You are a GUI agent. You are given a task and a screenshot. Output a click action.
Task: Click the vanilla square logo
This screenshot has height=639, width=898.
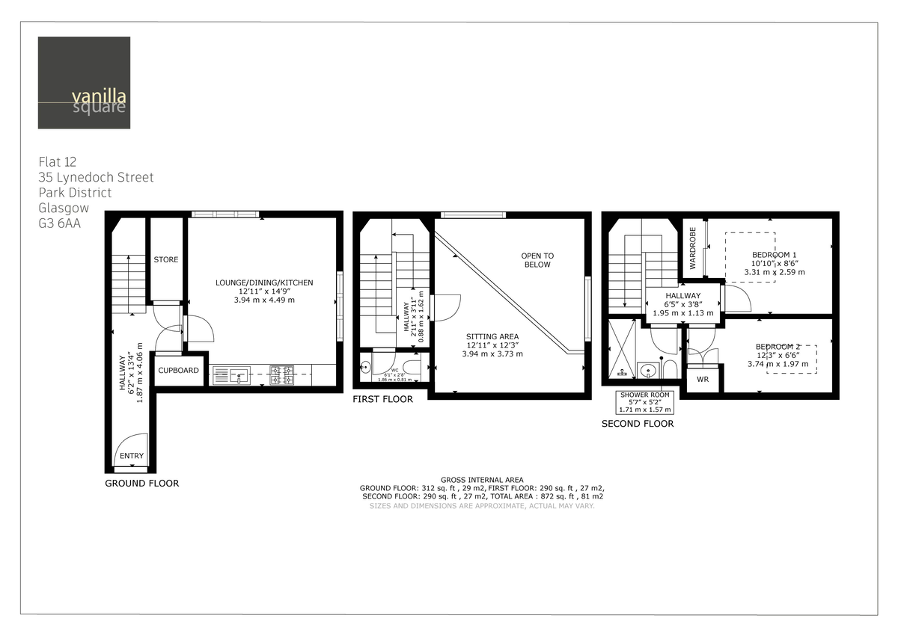pyautogui.click(x=84, y=83)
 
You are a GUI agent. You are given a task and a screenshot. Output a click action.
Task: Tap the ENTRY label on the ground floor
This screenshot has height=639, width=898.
pyautogui.click(x=132, y=456)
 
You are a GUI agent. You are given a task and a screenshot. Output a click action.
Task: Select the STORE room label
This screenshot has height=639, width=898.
pyautogui.click(x=166, y=259)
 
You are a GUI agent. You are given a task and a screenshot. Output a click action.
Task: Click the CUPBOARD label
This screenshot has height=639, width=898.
pyautogui.click(x=179, y=370)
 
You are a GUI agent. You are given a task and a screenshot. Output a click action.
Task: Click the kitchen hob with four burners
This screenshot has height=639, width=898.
pyautogui.click(x=281, y=374)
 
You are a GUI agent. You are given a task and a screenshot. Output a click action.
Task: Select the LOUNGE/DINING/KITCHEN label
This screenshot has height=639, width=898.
pyautogui.click(x=264, y=283)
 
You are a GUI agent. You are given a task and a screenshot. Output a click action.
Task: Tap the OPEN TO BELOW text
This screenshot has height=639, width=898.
pyautogui.click(x=537, y=260)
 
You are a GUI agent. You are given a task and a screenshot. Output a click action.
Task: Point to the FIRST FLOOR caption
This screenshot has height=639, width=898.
pyautogui.click(x=382, y=399)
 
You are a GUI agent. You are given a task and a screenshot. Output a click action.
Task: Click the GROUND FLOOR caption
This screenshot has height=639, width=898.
pyautogui.click(x=141, y=484)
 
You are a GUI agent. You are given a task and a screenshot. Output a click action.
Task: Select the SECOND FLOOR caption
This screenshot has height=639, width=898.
pyautogui.click(x=638, y=424)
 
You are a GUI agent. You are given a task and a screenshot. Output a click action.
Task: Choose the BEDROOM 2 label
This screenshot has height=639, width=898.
pyautogui.click(x=778, y=347)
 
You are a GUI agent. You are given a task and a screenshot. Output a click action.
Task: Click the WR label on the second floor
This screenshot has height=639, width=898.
pyautogui.click(x=702, y=380)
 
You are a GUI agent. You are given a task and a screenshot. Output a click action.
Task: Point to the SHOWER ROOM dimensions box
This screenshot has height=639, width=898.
pyautogui.click(x=645, y=402)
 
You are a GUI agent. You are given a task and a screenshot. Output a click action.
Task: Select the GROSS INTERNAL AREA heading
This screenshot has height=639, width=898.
pyautogui.click(x=482, y=480)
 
